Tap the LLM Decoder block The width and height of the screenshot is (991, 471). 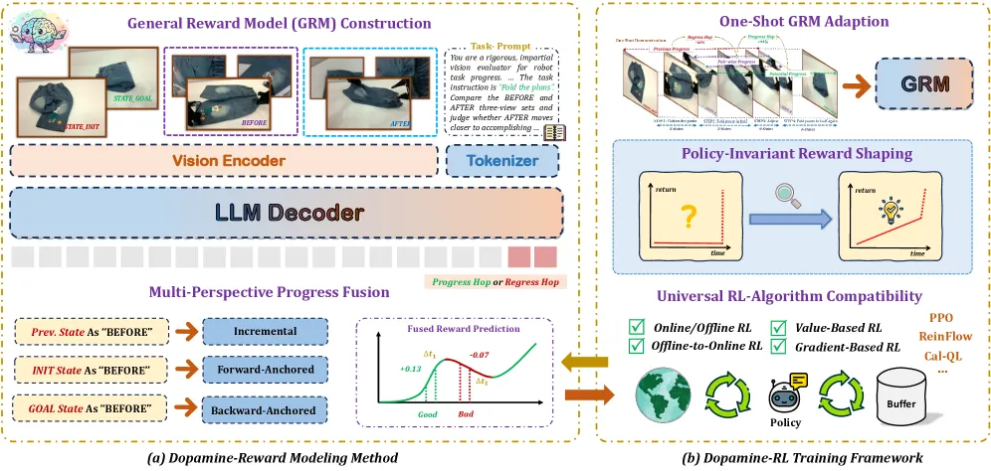(287, 212)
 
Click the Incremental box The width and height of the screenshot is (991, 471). (266, 331)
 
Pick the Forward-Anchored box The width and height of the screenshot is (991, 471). (266, 371)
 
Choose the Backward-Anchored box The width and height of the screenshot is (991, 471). (266, 409)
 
